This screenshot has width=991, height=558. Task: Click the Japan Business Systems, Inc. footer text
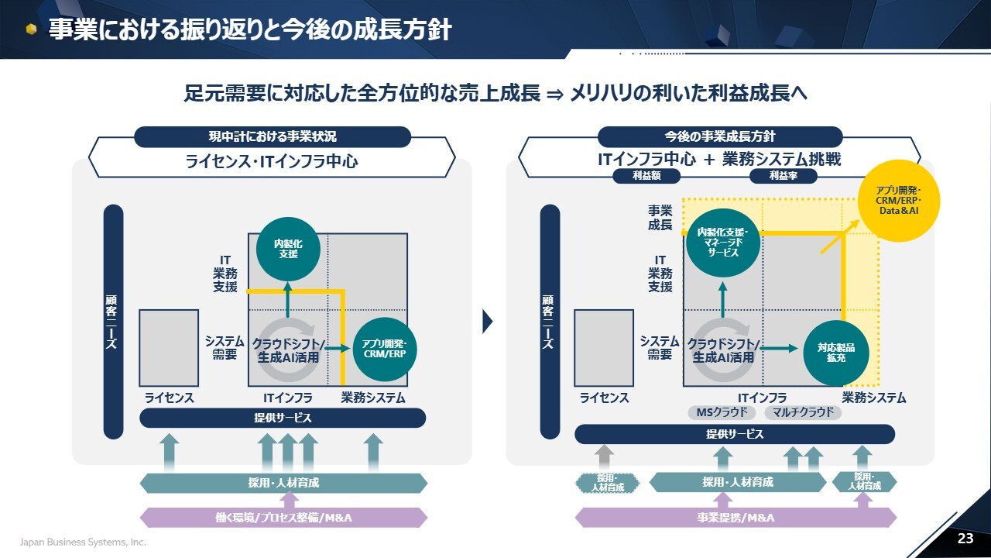[83, 542]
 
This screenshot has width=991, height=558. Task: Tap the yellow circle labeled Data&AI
[898, 200]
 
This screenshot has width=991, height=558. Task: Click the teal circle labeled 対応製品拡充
[835, 352]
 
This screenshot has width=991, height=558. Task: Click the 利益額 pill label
[646, 176]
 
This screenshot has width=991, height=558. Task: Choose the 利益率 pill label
[784, 176]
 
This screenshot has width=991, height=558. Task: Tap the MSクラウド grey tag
[722, 412]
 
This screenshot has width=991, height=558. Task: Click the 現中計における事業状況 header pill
[273, 136]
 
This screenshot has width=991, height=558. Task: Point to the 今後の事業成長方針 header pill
[719, 136]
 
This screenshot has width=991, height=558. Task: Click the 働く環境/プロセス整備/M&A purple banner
[283, 517]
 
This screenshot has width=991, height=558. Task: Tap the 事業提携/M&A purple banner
[736, 517]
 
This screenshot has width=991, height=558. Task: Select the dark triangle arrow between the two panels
[487, 321]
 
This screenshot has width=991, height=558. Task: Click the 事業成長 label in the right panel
[660, 217]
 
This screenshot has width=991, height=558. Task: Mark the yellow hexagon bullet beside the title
[31, 29]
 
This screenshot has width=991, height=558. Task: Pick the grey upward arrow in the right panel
[605, 456]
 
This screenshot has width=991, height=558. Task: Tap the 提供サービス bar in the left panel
[282, 418]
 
